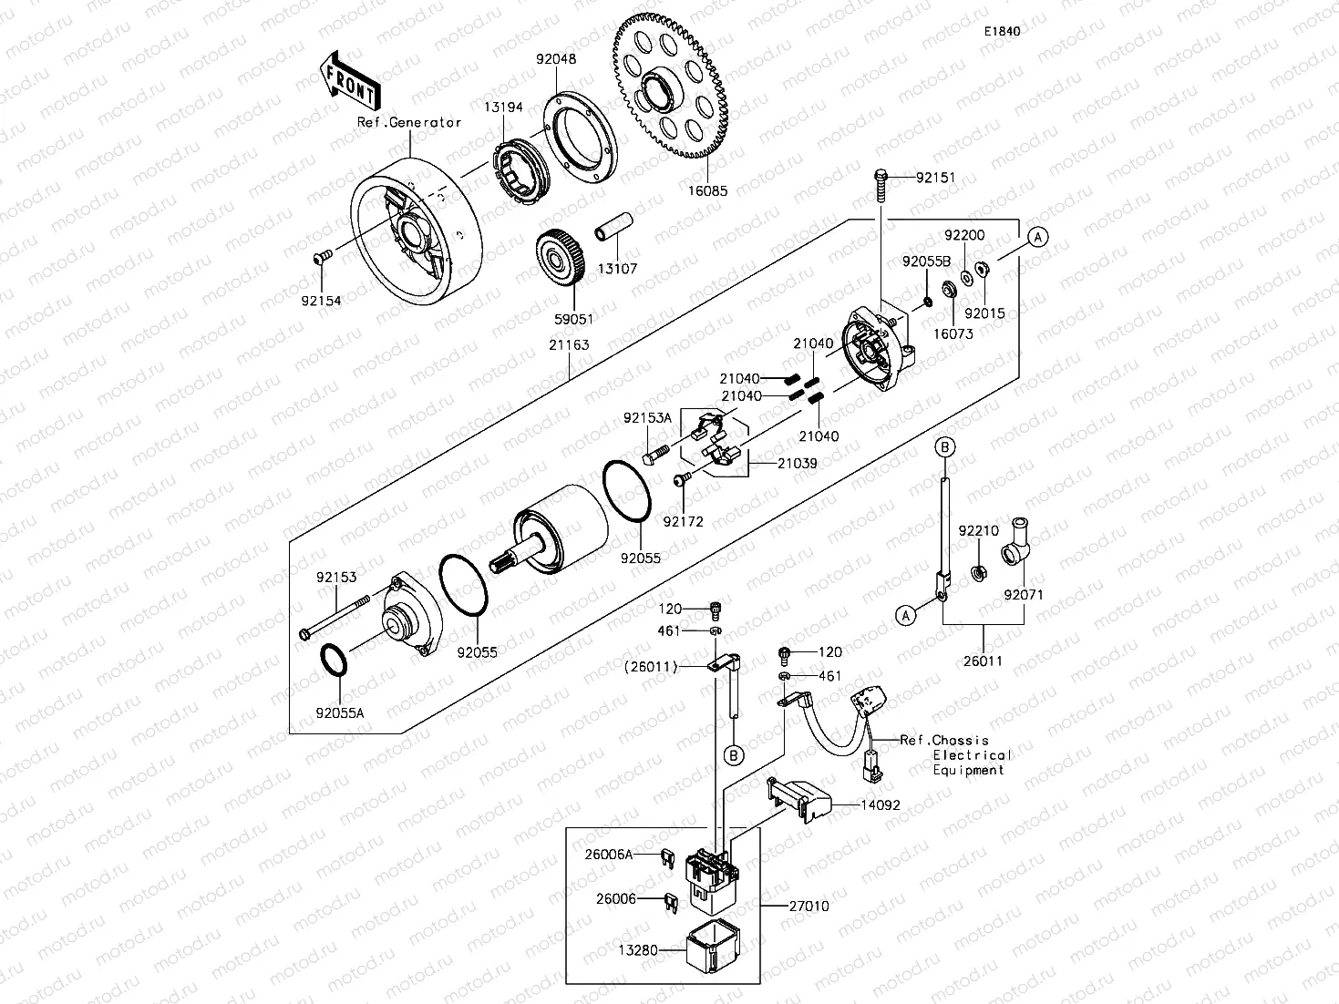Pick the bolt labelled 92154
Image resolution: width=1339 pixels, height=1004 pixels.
(x=321, y=260)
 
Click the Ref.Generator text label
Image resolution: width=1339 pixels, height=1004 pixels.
(x=409, y=123)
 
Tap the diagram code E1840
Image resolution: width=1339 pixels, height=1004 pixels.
(x=1001, y=31)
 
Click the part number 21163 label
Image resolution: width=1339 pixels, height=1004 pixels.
(x=569, y=345)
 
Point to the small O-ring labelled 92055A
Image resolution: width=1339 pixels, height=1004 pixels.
(x=334, y=661)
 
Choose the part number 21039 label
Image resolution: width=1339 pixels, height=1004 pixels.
(x=797, y=464)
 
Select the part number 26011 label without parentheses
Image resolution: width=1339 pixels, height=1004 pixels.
(x=983, y=661)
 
